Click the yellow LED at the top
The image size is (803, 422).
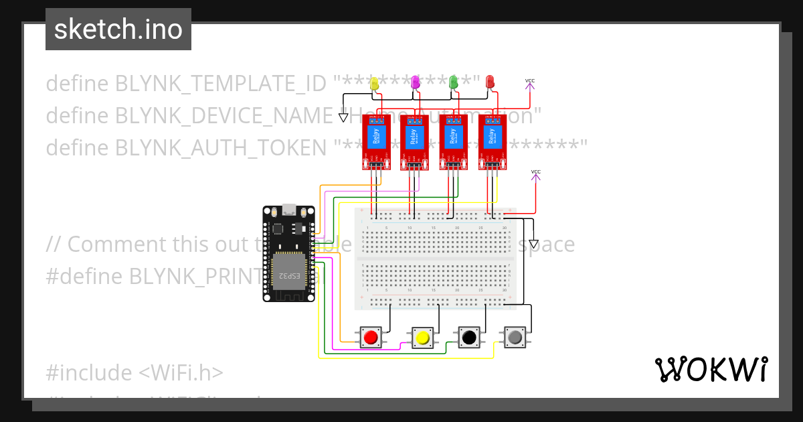(x=374, y=83)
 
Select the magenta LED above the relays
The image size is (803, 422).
(x=415, y=82)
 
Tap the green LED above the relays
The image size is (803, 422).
(x=454, y=82)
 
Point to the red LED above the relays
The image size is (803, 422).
(x=490, y=82)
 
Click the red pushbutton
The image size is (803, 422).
(x=370, y=337)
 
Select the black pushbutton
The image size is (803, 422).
(x=468, y=337)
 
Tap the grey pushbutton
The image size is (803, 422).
(x=514, y=337)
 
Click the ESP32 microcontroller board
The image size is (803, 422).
(x=289, y=253)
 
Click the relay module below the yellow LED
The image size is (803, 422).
(x=376, y=142)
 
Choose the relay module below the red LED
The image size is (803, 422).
(x=493, y=142)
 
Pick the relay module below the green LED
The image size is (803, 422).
(x=454, y=142)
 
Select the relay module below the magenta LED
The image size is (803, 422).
(x=415, y=142)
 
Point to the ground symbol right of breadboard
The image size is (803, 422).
(x=533, y=244)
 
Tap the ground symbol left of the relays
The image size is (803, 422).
(x=344, y=118)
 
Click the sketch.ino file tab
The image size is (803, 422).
(x=118, y=29)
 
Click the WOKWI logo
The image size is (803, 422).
(x=711, y=369)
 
